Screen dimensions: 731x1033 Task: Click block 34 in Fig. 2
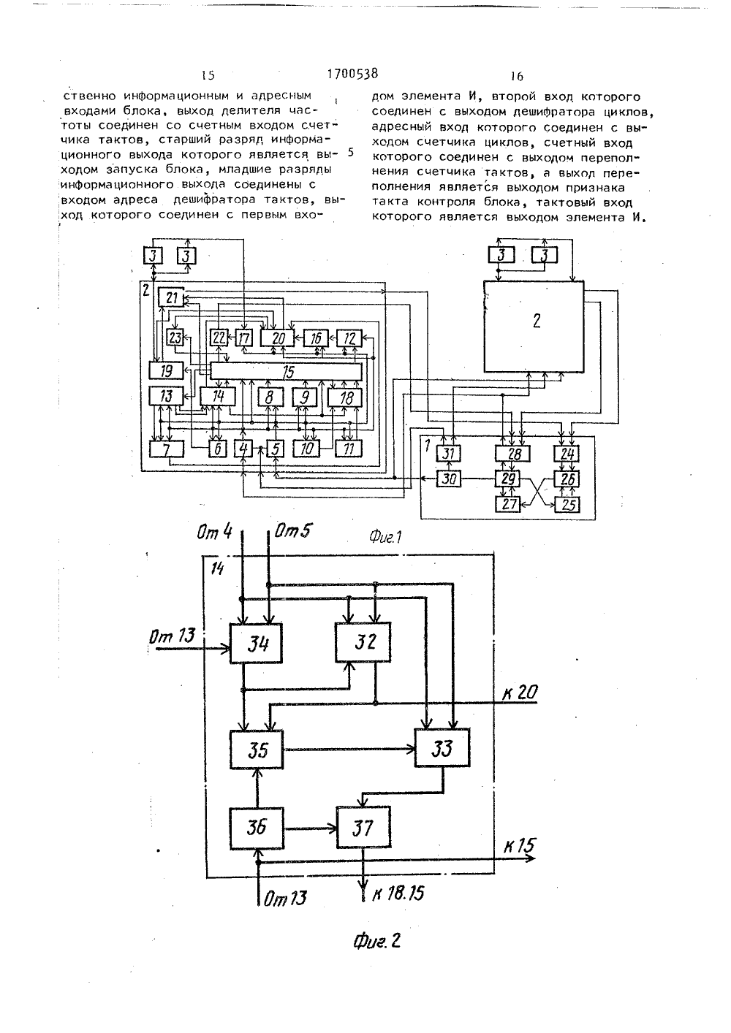[x=256, y=644]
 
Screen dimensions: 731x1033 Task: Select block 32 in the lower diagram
[x=363, y=642]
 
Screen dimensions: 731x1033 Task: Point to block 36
[x=257, y=828]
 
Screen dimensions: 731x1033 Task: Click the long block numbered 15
[x=286, y=372]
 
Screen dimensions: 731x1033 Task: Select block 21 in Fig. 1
[x=171, y=297]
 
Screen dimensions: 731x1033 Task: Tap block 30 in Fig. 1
[x=449, y=479]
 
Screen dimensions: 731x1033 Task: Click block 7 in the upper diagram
[x=167, y=449]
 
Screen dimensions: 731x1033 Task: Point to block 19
[x=166, y=370]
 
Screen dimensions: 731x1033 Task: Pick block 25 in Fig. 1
[x=567, y=505]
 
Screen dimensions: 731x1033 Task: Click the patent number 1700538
[x=352, y=74]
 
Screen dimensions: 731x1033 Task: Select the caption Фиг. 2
[x=376, y=941]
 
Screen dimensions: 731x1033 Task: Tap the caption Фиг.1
[x=385, y=536]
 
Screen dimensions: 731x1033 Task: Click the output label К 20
[x=520, y=693]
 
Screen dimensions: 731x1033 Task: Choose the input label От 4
[x=214, y=532]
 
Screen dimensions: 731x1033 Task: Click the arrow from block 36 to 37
[x=310, y=828]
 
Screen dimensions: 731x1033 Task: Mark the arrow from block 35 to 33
[x=349, y=750]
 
